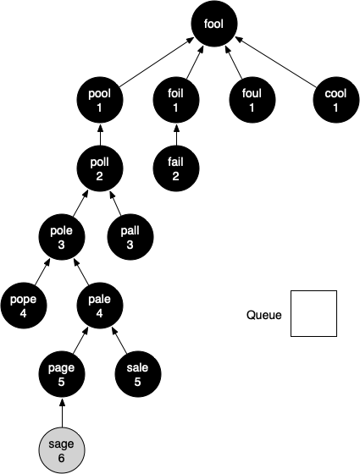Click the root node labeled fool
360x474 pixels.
click(213, 24)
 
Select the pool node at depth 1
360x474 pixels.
click(100, 100)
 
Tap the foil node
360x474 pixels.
click(176, 100)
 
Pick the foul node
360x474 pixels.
click(252, 100)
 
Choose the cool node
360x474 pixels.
click(336, 100)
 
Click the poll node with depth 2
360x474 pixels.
click(100, 168)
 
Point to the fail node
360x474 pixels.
click(176, 168)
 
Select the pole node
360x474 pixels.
click(62, 237)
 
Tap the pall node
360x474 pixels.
click(130, 237)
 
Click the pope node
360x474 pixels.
click(24, 306)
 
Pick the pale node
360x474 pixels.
click(100, 306)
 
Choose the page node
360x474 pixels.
click(62, 374)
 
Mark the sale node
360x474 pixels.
click(138, 374)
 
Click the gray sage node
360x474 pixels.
click(62, 450)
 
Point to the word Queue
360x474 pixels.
click(263, 315)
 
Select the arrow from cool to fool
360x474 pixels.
click(275, 61)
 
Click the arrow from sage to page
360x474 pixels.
click(62, 413)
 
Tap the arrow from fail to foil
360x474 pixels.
click(176, 135)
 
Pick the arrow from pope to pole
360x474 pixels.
click(42, 272)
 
